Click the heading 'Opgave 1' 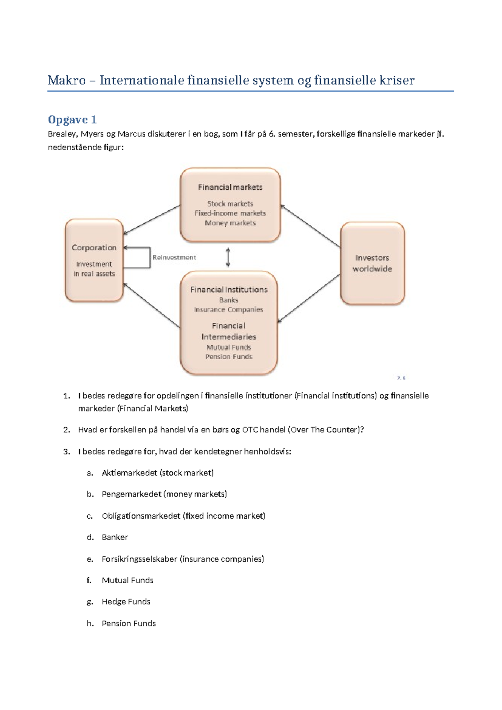point(72,120)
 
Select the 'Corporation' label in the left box point(94,248)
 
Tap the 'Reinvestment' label point(174,257)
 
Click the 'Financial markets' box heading point(230,187)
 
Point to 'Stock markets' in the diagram point(230,204)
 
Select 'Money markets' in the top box point(230,223)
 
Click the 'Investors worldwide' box point(372,263)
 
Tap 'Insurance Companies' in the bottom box point(228,310)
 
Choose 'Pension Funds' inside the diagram point(229,357)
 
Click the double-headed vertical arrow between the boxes point(228,257)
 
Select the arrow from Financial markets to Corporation point(151,220)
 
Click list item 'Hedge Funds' point(126,602)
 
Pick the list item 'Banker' point(115,537)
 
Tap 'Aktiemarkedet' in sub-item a point(130,473)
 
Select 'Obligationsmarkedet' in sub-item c point(141,516)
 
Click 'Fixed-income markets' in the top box point(230,214)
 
